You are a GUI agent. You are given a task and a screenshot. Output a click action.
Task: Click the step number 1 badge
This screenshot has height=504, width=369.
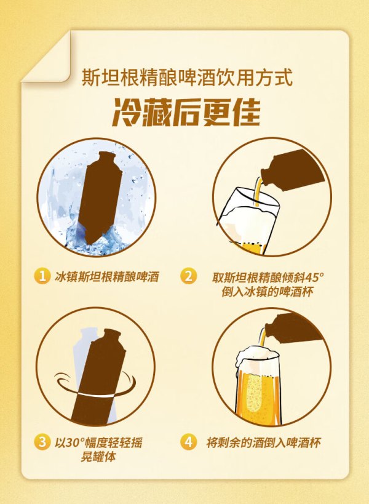[42, 276]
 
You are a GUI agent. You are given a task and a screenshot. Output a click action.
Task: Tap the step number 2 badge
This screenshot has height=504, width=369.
[189, 276]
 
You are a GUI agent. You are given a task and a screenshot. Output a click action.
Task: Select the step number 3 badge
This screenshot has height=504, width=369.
[42, 442]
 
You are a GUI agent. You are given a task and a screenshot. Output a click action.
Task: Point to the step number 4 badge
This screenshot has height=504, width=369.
[189, 442]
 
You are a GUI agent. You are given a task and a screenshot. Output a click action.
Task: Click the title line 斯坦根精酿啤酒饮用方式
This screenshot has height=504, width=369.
[187, 77]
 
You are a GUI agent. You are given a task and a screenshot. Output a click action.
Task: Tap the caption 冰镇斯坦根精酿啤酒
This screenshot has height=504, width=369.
[107, 276]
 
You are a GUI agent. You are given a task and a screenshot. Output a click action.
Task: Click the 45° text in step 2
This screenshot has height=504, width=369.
[314, 277]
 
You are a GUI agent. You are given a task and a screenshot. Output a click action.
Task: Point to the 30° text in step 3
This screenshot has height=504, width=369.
[74, 442]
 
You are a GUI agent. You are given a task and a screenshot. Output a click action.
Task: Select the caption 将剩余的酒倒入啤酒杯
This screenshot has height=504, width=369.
[264, 442]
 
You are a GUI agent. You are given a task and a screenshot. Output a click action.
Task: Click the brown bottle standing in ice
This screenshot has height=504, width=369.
[99, 197]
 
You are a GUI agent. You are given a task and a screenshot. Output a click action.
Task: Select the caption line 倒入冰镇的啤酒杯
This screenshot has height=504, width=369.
[267, 292]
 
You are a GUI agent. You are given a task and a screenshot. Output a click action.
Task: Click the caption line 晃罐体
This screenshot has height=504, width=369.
[98, 457]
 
